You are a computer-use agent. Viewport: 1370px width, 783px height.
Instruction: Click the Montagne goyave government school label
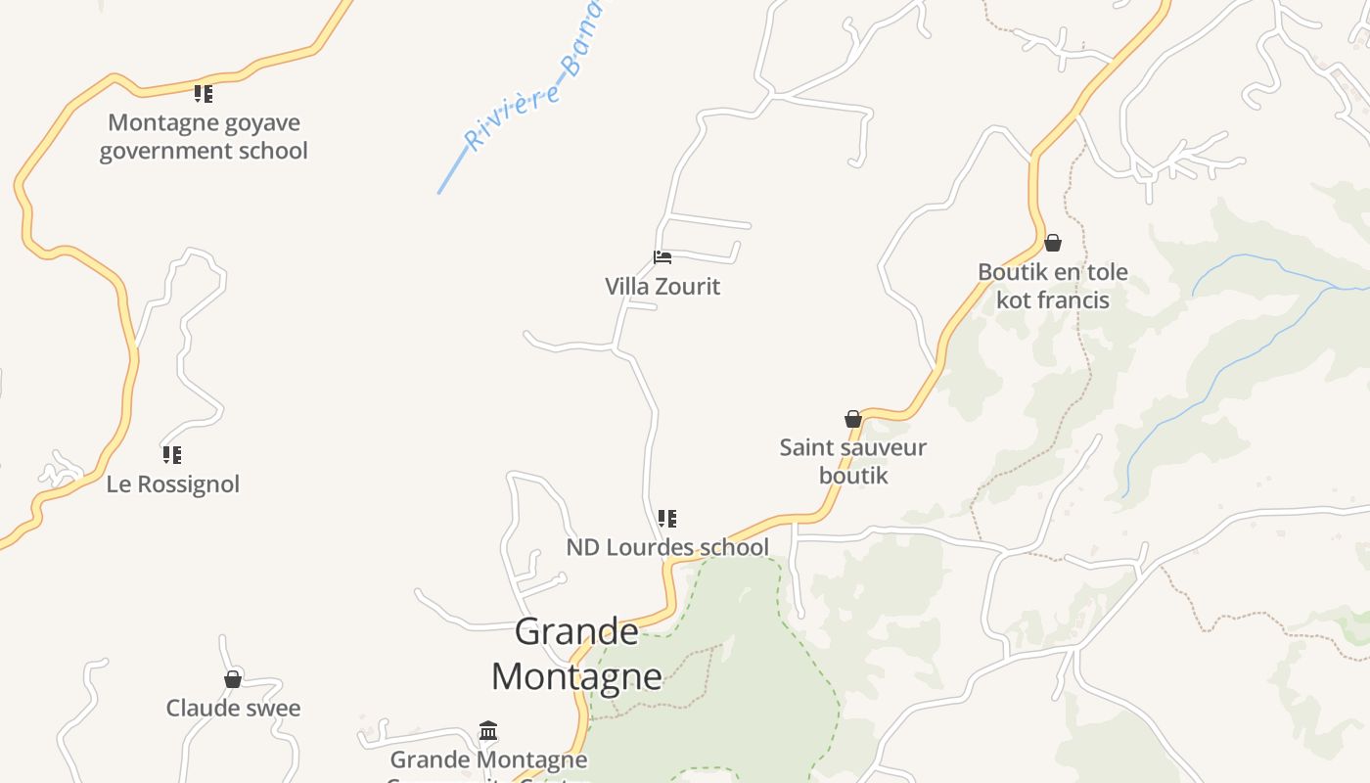[204, 136]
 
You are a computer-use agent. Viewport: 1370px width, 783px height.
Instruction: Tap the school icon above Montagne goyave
[204, 94]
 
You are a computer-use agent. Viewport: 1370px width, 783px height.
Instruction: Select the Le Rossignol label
[173, 484]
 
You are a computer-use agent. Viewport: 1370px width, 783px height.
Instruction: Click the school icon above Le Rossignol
[172, 455]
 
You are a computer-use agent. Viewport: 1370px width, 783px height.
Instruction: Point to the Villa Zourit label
[662, 287]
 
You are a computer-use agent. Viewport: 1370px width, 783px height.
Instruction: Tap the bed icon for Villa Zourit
[662, 257]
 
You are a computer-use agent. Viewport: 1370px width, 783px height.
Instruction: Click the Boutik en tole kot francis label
[1053, 286]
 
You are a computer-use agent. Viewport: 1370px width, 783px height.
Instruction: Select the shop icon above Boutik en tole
[1053, 243]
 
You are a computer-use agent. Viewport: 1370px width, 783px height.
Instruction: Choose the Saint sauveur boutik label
[853, 461]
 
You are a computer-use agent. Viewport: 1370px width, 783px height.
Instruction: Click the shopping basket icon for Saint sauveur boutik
[853, 419]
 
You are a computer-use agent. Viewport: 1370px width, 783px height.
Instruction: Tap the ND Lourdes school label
[667, 547]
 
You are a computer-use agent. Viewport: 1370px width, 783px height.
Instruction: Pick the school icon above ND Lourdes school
[667, 519]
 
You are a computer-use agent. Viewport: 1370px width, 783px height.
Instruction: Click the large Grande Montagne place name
[576, 653]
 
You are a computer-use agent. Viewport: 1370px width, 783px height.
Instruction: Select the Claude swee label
[233, 709]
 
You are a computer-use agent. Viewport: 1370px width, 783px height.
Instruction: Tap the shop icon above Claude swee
[233, 679]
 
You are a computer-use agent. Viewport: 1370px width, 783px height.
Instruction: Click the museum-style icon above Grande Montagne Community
[488, 731]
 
